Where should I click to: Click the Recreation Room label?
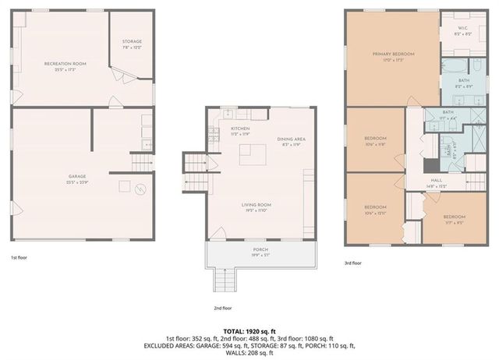point(65,63)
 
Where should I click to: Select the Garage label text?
point(76,176)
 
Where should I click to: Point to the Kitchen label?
point(239,129)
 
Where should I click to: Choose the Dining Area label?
point(291,139)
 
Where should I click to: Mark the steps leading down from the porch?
point(225,277)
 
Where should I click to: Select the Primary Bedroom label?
point(392,54)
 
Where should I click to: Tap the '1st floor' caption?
point(20,257)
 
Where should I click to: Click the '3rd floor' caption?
point(353,263)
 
